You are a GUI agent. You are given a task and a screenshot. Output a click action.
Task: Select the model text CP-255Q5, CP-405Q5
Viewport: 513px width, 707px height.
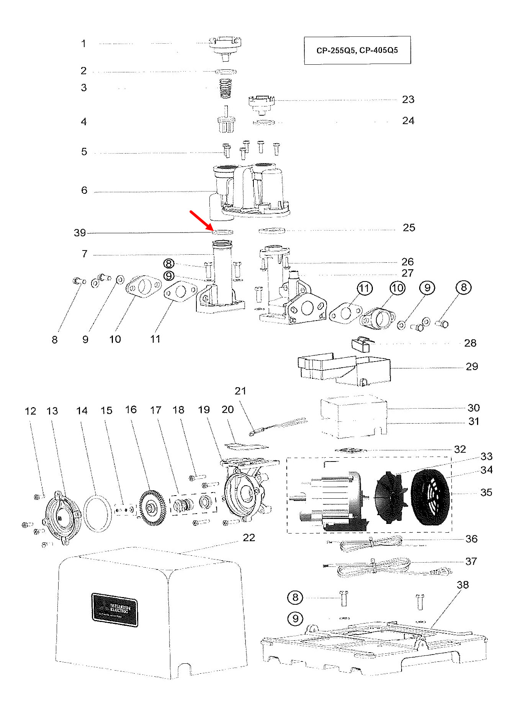[357, 50]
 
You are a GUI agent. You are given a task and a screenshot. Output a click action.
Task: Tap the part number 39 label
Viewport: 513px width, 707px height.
[80, 233]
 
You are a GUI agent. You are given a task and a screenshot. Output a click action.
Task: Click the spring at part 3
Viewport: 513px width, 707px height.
[225, 88]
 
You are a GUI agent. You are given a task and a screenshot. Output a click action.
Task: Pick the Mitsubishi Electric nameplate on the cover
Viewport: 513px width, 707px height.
[114, 609]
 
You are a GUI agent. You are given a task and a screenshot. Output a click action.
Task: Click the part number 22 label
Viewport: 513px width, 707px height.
[249, 538]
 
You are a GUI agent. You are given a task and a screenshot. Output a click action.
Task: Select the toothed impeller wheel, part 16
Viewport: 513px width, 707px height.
[152, 507]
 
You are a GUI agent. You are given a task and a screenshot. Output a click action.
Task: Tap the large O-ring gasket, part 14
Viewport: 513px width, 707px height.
[98, 513]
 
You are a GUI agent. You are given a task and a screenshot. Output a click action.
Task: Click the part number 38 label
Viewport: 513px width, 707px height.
[462, 585]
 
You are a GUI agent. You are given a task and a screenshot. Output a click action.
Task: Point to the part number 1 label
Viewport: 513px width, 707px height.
[83, 44]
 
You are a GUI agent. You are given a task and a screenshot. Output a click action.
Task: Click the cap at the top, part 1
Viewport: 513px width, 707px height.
[225, 46]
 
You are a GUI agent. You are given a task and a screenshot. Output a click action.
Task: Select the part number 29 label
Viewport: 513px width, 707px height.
[472, 367]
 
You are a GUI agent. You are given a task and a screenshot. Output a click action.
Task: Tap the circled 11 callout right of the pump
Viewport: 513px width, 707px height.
[364, 288]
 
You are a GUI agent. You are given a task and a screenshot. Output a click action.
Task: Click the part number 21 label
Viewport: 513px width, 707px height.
[240, 391]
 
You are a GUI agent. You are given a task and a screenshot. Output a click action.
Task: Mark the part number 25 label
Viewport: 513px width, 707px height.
[409, 228]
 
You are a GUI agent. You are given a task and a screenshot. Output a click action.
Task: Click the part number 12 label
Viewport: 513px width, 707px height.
[30, 411]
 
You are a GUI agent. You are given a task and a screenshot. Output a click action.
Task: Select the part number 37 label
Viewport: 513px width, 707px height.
[471, 561]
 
